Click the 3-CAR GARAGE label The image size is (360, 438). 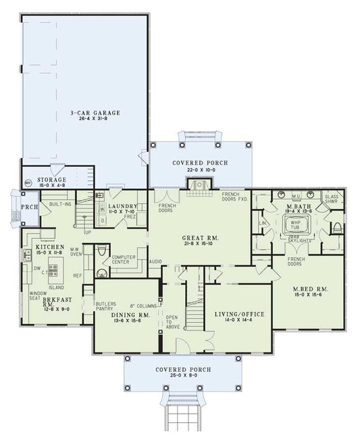pyautogui.click(x=95, y=112)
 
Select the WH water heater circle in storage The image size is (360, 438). pyautogui.click(x=28, y=182)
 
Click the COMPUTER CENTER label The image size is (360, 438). pyautogui.click(x=124, y=259)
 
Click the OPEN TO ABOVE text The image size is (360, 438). pyautogui.click(x=171, y=323)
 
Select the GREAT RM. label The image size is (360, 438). pyautogui.click(x=201, y=238)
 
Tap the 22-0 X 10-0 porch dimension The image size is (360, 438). pyautogui.click(x=199, y=171)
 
